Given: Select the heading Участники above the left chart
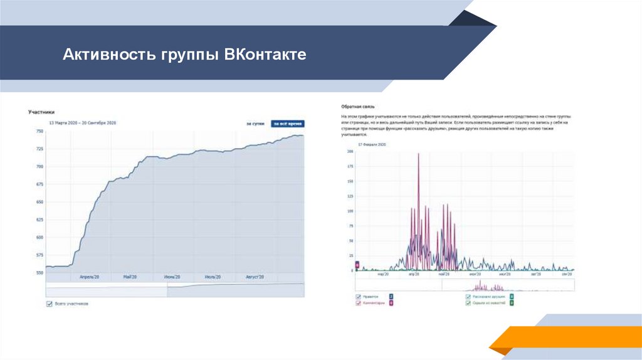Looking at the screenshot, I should (41, 112).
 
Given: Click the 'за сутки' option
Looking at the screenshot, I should (255, 124).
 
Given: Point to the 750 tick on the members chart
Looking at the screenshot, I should (39, 131).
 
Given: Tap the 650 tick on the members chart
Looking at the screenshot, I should (39, 202).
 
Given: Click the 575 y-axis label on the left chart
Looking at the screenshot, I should (39, 255).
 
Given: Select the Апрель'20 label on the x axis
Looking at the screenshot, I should (91, 277).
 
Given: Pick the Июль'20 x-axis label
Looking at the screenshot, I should (214, 277).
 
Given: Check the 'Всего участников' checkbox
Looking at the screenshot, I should (49, 304).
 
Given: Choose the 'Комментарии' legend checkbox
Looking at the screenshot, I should (358, 303).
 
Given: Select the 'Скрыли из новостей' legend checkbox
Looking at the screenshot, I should (468, 303).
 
